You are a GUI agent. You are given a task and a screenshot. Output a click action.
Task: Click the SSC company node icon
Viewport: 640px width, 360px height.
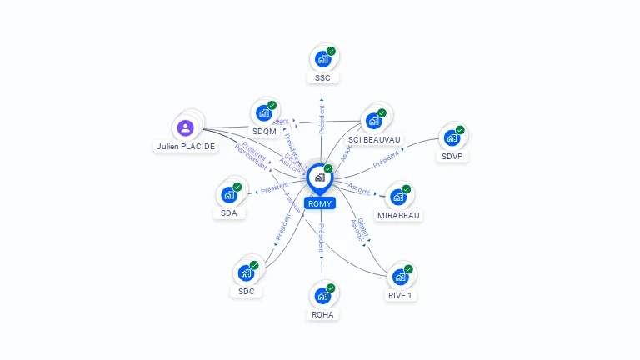point(322,60)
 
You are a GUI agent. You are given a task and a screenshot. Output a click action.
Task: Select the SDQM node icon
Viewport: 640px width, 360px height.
point(264,113)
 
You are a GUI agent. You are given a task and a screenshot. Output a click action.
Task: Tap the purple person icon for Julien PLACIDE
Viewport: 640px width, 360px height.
point(186,127)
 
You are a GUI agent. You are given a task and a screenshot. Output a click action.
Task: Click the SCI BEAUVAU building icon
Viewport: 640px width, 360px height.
point(373,121)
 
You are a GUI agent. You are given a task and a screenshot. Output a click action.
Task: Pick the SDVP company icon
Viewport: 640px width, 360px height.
point(452,137)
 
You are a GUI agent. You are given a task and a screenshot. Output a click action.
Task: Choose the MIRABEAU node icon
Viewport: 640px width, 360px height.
point(397,197)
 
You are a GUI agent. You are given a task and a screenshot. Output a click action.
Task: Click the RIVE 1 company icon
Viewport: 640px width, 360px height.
point(400,277)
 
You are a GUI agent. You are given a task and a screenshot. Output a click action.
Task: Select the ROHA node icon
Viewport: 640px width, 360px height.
point(322,296)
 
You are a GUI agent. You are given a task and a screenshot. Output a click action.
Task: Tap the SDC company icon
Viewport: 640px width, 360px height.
point(246,272)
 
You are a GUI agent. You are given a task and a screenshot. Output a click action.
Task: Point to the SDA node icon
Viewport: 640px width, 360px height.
point(228,195)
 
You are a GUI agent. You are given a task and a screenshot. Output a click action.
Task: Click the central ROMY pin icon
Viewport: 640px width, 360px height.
point(319,177)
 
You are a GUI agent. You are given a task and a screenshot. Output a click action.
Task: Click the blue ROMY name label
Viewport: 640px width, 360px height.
point(319,203)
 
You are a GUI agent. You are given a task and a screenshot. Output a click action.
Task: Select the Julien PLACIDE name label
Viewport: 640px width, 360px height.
point(186,147)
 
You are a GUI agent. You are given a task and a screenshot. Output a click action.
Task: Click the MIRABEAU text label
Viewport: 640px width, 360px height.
point(398,215)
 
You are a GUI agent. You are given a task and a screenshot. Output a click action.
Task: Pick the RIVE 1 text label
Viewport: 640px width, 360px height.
point(400,295)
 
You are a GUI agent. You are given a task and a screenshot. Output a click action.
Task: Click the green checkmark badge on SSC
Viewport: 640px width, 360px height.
point(331,52)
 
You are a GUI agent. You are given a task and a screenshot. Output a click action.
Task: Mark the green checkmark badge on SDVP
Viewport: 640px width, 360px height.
point(460,130)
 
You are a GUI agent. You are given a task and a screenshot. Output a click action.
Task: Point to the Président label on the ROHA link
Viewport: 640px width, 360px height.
point(321,237)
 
